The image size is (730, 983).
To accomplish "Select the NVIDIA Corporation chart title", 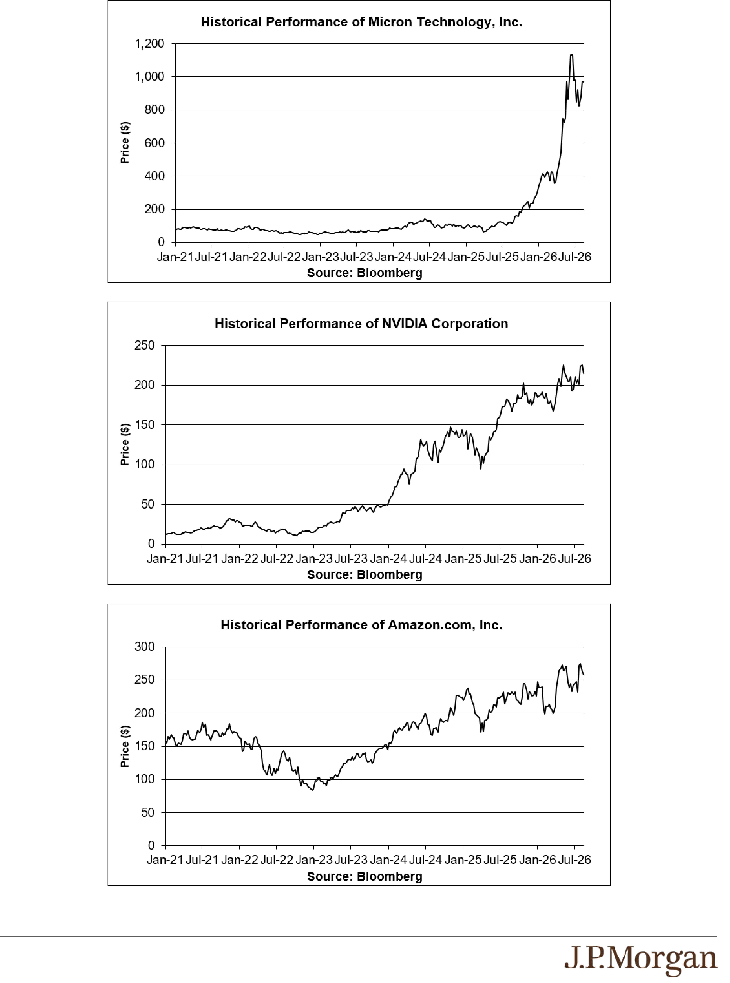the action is click(x=361, y=324).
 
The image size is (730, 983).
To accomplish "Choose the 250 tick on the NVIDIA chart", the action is click(x=145, y=345).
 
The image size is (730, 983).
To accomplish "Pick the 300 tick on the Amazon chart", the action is click(x=145, y=647).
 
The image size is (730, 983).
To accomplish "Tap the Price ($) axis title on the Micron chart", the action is click(x=125, y=143).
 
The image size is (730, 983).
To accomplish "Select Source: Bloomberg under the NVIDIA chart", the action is click(x=365, y=575).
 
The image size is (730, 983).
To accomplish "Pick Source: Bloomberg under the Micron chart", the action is click(x=365, y=273).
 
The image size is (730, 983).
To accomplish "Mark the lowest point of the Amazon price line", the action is click(x=312, y=790).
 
